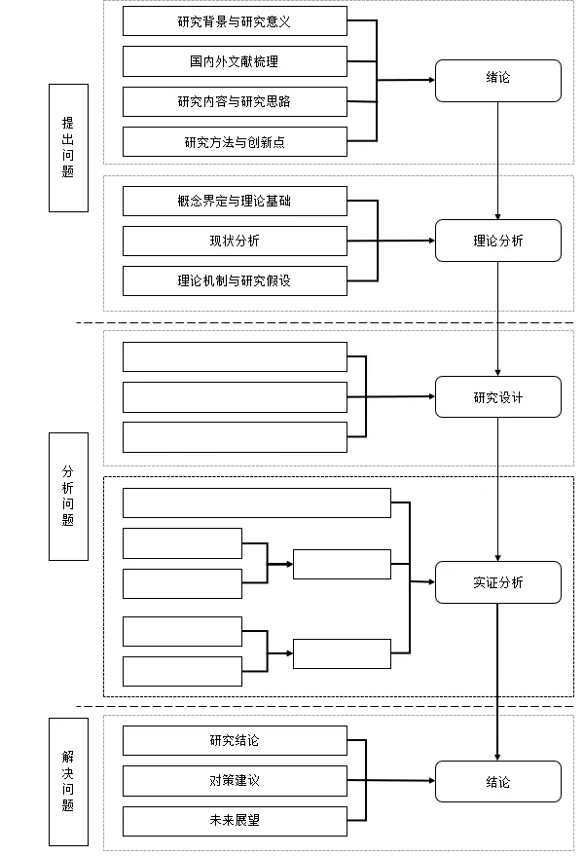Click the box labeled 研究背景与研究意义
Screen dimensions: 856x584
click(235, 21)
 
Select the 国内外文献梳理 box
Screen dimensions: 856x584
click(235, 61)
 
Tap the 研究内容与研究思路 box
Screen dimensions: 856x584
click(235, 101)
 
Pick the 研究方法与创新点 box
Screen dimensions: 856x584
click(235, 142)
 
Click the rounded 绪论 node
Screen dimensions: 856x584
click(497, 80)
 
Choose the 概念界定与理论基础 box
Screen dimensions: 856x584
click(235, 201)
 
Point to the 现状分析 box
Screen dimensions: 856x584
click(235, 241)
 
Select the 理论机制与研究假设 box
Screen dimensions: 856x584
click(235, 280)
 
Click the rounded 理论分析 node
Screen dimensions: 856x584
click(497, 241)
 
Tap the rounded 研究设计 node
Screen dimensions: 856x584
click(497, 396)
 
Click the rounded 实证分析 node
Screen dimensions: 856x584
click(497, 582)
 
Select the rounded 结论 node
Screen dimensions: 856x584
click(497, 781)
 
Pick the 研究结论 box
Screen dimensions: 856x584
click(235, 740)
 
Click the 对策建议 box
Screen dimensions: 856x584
click(235, 780)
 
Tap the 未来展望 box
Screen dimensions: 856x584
click(235, 820)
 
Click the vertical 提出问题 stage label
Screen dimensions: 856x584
click(68, 147)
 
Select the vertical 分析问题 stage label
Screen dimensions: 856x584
click(68, 496)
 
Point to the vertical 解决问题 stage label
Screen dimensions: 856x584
click(68, 781)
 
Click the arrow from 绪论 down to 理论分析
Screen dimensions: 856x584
click(498, 161)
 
